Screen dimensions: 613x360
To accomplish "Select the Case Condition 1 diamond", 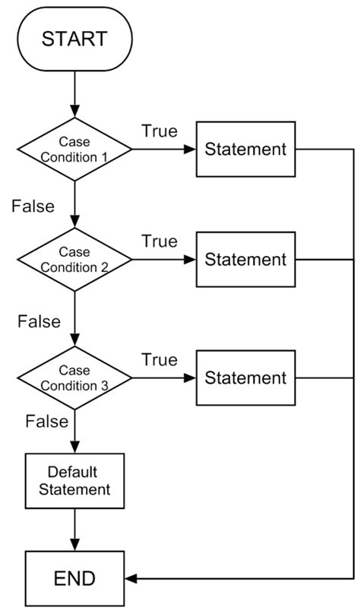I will pos(74,149).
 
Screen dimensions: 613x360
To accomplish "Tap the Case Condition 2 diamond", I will pos(74,260).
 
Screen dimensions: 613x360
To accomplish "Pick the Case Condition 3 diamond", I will pos(74,378).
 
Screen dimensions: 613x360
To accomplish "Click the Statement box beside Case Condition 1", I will pos(246,149).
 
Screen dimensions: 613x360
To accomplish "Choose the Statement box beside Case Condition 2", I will pos(246,260).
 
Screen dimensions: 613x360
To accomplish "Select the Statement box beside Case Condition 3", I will pos(246,378).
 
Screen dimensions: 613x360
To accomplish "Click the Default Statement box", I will pos(74,480).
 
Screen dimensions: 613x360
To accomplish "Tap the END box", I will pos(74,579).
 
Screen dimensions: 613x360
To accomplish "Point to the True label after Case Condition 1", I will pos(159,131).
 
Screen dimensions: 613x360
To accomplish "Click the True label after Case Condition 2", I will pos(159,242).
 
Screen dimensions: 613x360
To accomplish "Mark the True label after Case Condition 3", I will pos(159,359).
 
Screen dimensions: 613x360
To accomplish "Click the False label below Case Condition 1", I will pos(33,206).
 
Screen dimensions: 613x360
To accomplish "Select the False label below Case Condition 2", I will pos(39,321).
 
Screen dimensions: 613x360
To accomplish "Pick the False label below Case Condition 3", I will pos(46,420).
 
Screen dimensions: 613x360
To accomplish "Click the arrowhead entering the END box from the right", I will pos(130,579).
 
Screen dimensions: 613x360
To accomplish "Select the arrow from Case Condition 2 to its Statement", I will pos(163,260).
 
